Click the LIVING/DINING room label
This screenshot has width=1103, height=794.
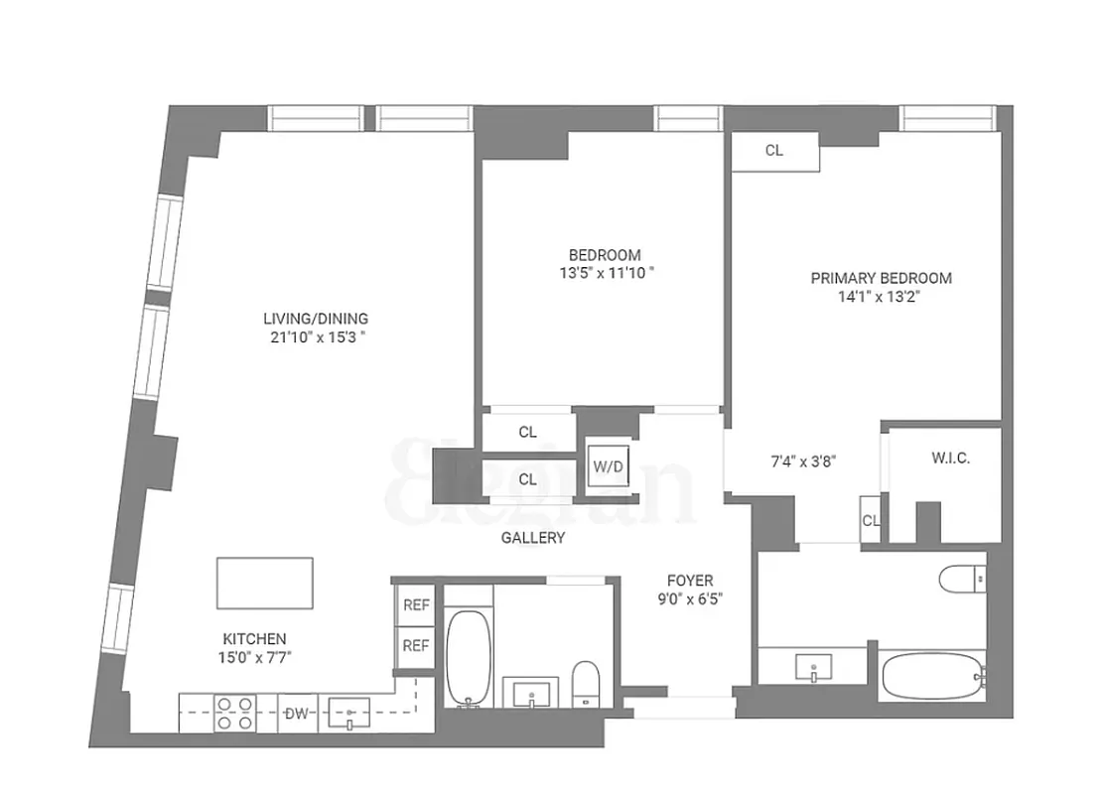coord(315,319)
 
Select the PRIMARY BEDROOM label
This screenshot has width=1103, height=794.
coord(881,278)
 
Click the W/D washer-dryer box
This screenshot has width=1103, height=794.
coord(605,465)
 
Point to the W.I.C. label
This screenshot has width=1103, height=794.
coord(950,459)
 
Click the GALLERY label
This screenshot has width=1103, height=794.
coord(532,538)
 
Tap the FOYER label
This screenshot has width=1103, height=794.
coord(689,581)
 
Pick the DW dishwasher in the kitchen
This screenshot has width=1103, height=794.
coord(296,713)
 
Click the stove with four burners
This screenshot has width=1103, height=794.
coord(234,714)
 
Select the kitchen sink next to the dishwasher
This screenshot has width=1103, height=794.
coord(349,713)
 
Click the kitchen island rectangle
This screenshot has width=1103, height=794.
coord(265,583)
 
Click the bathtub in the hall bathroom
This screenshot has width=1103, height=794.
coord(466,656)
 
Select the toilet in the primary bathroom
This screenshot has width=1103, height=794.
coord(962,577)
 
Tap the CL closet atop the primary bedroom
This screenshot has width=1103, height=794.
coord(774,151)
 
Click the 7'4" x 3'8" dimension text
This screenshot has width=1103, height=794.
coord(804,460)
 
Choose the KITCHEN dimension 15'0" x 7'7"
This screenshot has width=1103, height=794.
coord(255,656)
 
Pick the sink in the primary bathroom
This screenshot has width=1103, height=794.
coord(813,667)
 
